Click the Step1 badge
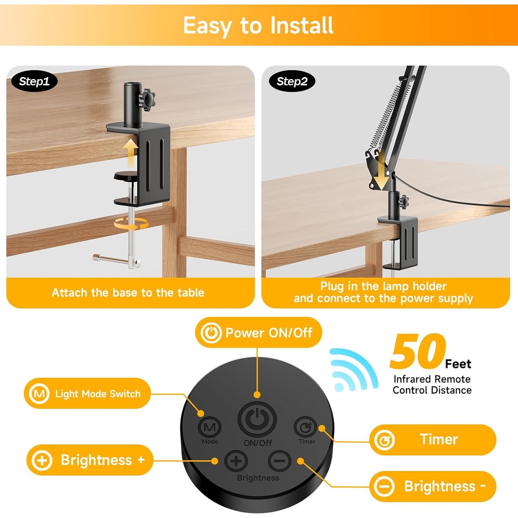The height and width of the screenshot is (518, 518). tap(34, 81)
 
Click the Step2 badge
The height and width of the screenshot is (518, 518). tap(292, 81)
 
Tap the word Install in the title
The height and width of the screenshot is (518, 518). tap(301, 25)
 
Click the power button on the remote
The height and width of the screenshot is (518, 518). tap(257, 419)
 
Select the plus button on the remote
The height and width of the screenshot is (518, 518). tap(236, 461)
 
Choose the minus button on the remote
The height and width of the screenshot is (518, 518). tap(280, 461)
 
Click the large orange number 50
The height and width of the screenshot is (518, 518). tap(418, 352)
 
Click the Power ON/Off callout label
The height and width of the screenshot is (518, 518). tap(258, 333)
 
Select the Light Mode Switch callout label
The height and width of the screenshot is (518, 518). tap(87, 394)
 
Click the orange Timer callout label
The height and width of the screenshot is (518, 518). tap(433, 440)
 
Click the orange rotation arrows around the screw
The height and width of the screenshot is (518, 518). tap(131, 224)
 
